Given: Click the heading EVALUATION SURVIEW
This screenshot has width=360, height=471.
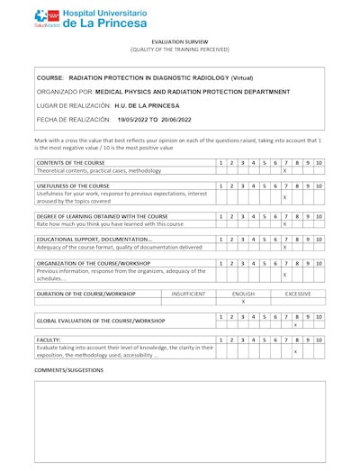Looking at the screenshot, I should [x=180, y=41].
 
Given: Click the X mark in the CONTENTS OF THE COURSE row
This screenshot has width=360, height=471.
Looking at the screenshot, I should [x=285, y=170].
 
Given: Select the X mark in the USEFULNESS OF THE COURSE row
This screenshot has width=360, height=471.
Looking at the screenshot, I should [x=285, y=197].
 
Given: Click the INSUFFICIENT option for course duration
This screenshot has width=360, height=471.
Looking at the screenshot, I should [x=188, y=294].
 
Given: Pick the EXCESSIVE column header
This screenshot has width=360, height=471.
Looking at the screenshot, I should [x=297, y=294].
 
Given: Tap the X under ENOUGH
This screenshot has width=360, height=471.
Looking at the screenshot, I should [x=243, y=302].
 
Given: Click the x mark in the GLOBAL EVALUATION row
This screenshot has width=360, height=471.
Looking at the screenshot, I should [x=296, y=324].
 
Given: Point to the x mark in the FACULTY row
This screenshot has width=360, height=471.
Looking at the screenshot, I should [x=296, y=351].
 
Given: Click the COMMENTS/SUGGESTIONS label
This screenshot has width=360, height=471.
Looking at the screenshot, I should [x=69, y=370].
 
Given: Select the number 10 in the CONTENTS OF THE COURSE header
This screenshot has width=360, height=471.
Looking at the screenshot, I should [x=319, y=162].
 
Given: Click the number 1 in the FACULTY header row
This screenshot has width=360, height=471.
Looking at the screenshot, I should [x=221, y=340].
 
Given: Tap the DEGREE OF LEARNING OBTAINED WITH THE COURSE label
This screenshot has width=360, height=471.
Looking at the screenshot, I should [x=102, y=216].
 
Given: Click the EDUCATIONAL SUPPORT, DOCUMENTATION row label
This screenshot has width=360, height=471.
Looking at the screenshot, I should [x=94, y=240].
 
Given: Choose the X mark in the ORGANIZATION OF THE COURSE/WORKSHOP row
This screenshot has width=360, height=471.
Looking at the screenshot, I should [x=285, y=275].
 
